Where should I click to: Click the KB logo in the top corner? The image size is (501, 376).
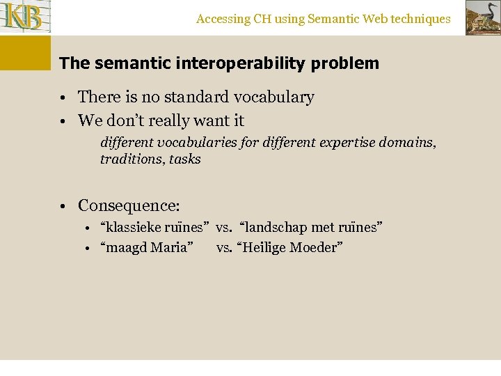click(x=25, y=17)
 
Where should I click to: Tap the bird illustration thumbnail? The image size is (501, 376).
click(x=482, y=17)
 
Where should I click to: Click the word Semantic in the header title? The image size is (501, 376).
click(x=325, y=19)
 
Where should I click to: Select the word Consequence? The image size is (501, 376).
click(x=128, y=206)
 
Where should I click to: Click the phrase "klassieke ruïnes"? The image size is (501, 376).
click(x=154, y=228)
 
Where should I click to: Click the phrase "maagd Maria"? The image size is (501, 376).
click(x=147, y=247)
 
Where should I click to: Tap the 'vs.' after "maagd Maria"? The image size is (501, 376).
click(x=224, y=247)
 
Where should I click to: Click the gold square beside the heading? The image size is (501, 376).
click(x=25, y=53)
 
